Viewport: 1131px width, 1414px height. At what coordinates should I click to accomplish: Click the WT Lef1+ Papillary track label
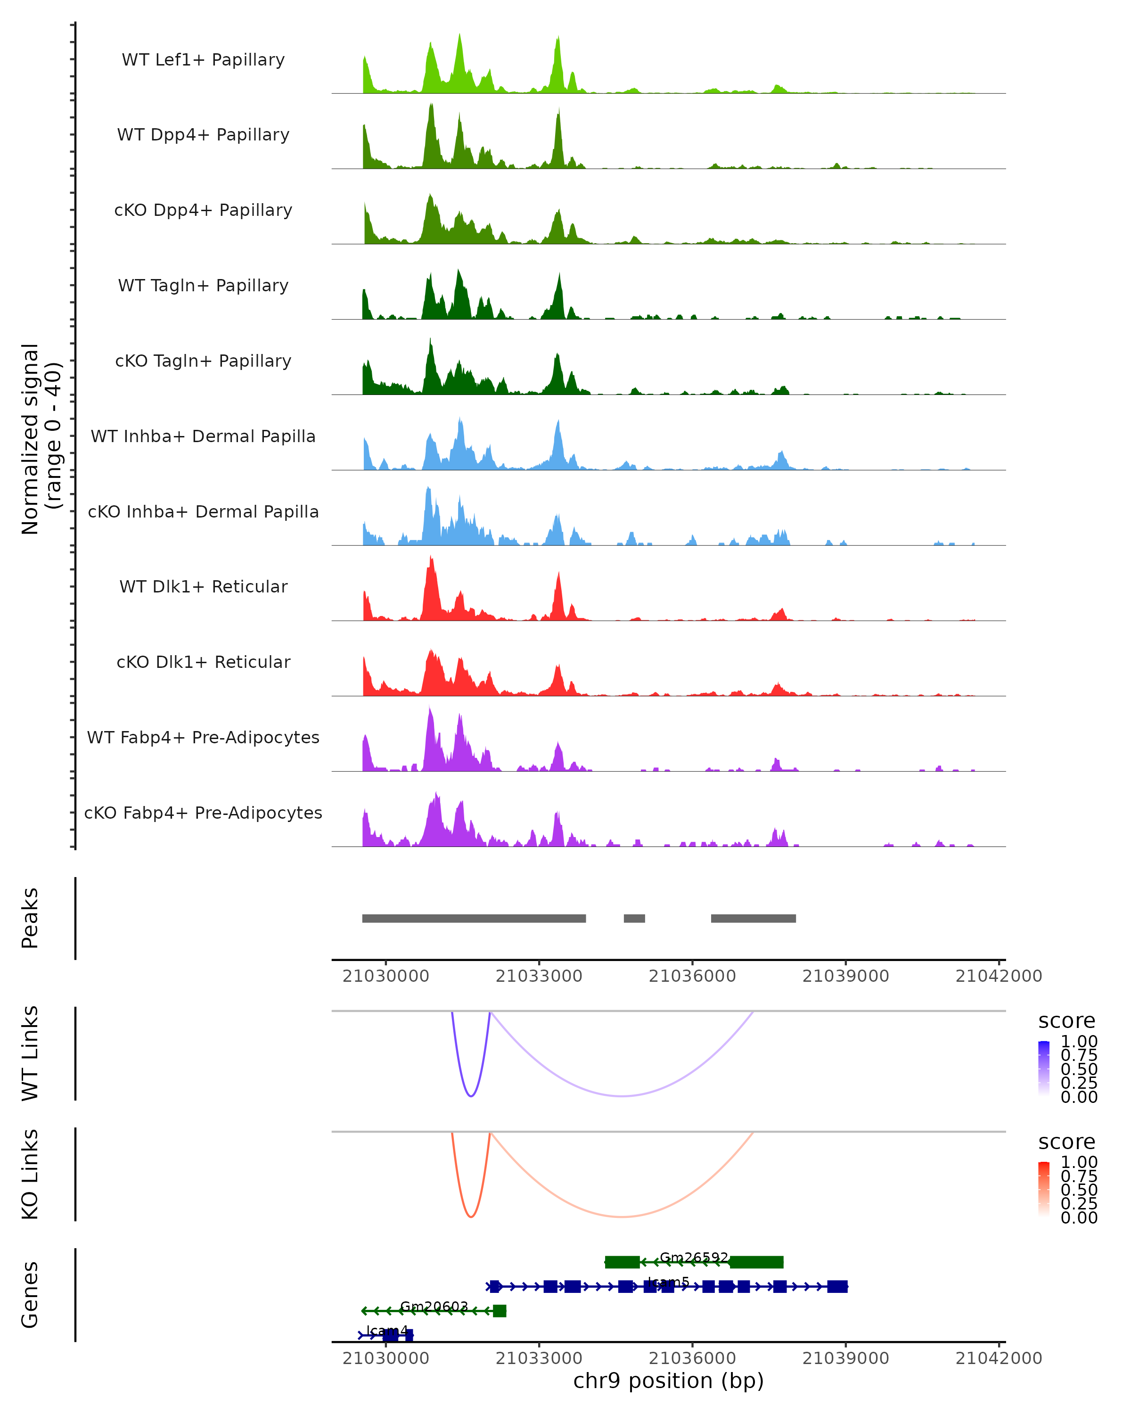pos(203,60)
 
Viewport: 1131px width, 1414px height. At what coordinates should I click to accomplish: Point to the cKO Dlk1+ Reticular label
pos(203,662)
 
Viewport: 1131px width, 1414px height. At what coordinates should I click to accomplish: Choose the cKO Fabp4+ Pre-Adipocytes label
pos(203,813)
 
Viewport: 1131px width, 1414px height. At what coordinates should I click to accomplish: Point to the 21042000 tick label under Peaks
pos(998,976)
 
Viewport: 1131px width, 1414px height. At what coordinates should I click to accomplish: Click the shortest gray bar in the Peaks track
pos(634,918)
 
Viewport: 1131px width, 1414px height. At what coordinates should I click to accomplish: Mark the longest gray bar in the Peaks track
pos(474,918)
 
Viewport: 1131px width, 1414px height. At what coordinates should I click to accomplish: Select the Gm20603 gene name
pos(434,1307)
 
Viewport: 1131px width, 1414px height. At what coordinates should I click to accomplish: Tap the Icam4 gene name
pos(387,1331)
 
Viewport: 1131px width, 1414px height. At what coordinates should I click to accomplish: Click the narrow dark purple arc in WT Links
pos(470,1096)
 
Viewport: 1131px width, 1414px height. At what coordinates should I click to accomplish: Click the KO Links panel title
pos(30,1174)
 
